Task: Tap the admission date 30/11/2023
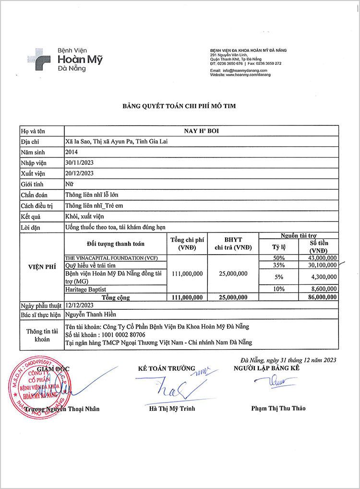tap(79, 163)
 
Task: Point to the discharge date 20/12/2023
tap(79, 173)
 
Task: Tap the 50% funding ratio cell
tap(279, 258)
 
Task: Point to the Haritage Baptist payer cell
tap(82, 289)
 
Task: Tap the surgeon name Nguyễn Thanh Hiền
tap(91, 315)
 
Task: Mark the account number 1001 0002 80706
tap(118, 334)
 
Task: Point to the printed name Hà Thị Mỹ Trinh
tap(172, 409)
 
